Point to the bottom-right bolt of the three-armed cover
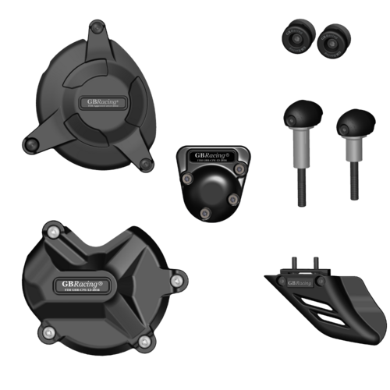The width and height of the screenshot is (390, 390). tap(145, 163)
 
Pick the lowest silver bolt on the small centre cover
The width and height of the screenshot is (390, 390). tap(204, 213)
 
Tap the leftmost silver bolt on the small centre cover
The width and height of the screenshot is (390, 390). tap(183, 188)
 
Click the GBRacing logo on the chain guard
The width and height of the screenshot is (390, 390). tap(300, 283)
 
